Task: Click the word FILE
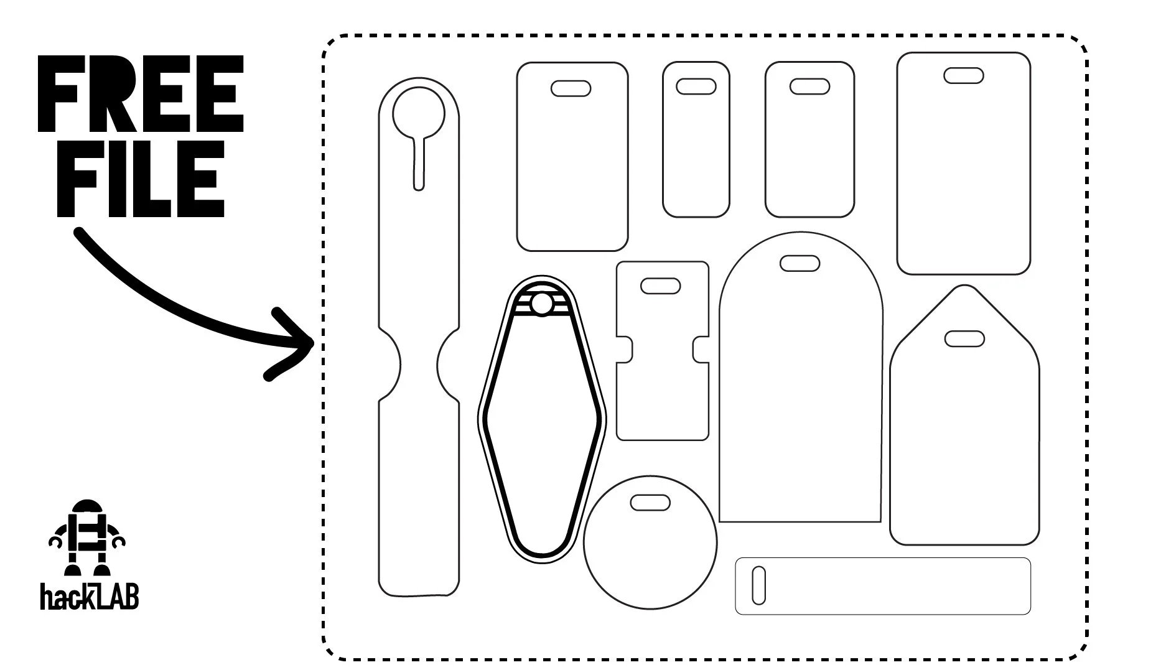[141, 179]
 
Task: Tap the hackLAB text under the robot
[89, 596]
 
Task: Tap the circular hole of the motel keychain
[541, 304]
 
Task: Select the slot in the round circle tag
[650, 501]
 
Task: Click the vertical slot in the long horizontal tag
[758, 585]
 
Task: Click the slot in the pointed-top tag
[964, 339]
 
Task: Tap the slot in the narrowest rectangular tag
[696, 86]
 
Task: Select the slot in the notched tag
[661, 286]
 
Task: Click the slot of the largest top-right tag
[964, 76]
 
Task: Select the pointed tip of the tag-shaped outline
[964, 287]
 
